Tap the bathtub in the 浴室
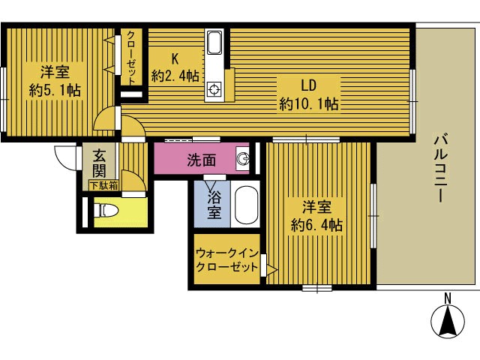coord(245,205)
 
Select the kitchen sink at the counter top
coord(214,43)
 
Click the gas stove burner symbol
coord(214,90)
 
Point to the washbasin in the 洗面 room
coord(243,158)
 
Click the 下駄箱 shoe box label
coord(103,185)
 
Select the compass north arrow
coord(448,322)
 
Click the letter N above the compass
coord(448,298)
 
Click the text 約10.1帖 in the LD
coord(309,104)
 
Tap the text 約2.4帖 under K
coord(175,76)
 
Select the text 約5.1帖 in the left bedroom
coord(55,91)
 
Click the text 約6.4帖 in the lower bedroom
coord(316,225)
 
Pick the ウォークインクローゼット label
coord(226,260)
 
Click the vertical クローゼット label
coord(131,58)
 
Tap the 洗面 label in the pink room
coord(202,160)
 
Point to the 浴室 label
coord(214,205)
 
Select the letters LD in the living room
coord(308,85)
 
